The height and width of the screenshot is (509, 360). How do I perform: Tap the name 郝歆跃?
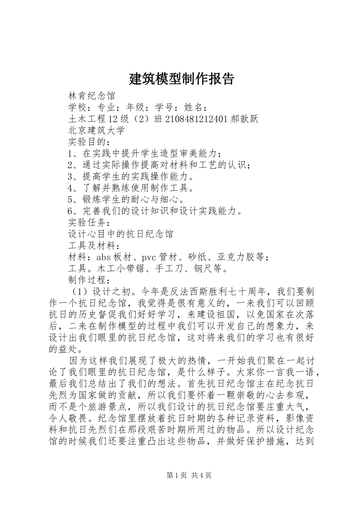244,119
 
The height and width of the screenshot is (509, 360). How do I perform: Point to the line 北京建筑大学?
97,131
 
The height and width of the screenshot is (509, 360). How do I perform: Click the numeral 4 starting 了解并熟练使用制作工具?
70,188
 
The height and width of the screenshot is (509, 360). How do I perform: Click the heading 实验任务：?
89,223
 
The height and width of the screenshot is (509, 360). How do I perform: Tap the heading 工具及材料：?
94,246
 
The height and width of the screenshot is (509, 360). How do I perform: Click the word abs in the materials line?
103,258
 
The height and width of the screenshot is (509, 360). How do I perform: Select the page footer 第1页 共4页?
189,476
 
